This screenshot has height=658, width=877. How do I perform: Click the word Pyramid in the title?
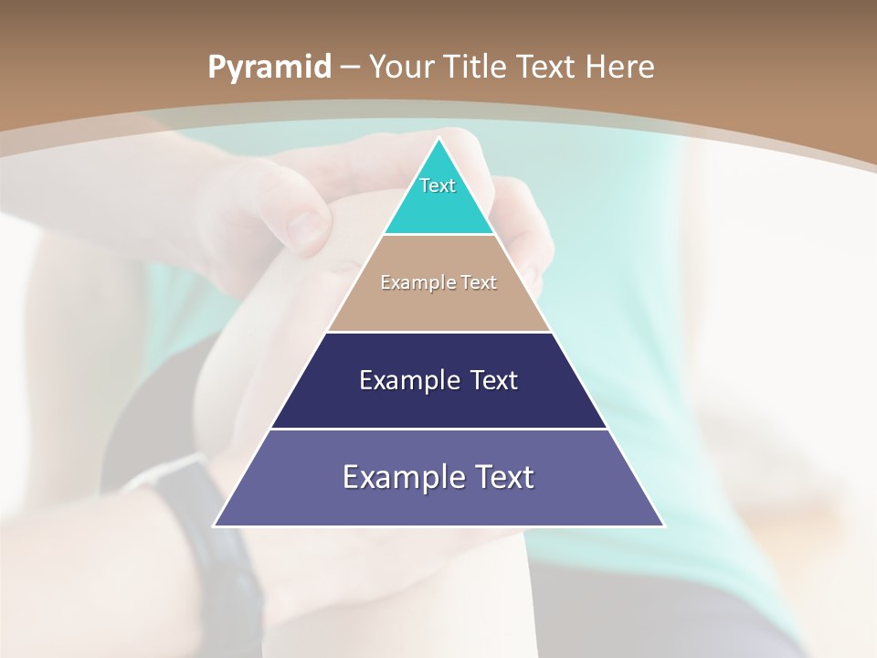pos(269,67)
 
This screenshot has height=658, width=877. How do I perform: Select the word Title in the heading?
pos(476,67)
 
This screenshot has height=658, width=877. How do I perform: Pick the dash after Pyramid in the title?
pos(349,68)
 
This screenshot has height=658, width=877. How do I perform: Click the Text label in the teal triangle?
pos(438,186)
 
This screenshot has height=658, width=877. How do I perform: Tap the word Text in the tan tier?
pos(478,282)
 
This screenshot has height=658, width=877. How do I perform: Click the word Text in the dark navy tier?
pos(494,380)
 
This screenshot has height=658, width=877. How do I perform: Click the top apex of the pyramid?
pos(438,139)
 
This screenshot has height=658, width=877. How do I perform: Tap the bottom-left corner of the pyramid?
pos(215,525)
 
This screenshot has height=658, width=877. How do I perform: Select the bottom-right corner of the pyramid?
pos(663,525)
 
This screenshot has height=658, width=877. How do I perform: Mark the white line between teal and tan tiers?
pos(438,235)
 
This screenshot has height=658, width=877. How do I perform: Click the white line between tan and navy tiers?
pos(438,332)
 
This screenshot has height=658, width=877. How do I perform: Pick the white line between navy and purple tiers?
pos(438,429)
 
